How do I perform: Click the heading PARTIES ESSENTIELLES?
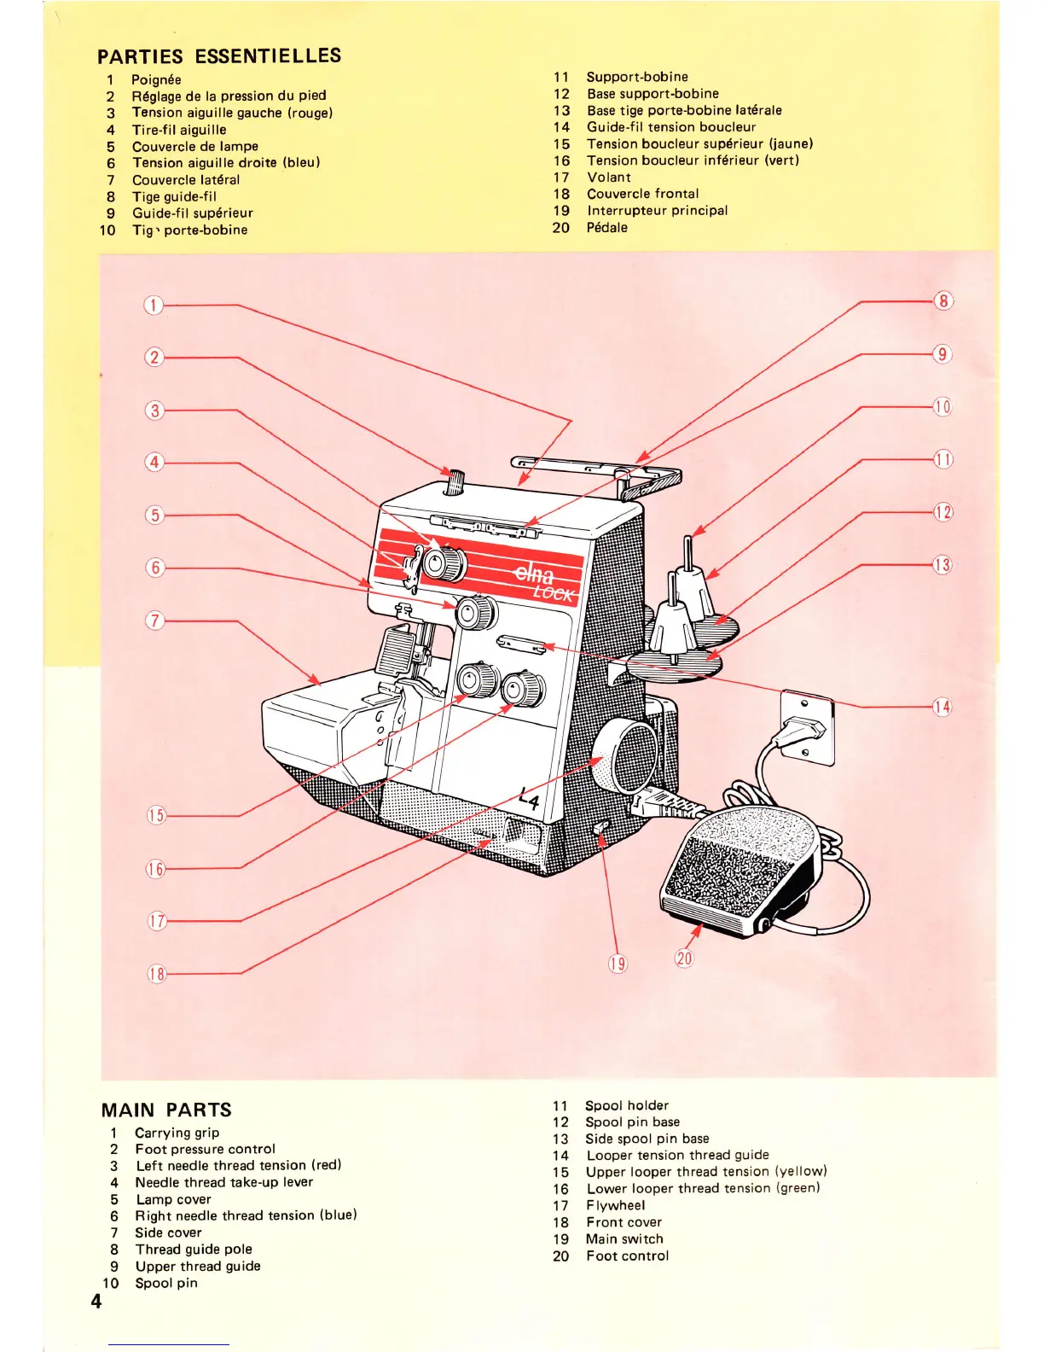click(x=219, y=57)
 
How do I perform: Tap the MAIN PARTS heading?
click(x=166, y=1110)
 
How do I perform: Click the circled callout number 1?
click(x=153, y=306)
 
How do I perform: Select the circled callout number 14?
click(x=942, y=707)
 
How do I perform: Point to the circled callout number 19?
click(x=618, y=964)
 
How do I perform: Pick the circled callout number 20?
click(x=684, y=958)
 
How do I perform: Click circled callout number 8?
click(x=942, y=300)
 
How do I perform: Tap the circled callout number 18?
click(x=156, y=974)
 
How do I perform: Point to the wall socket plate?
click(x=807, y=726)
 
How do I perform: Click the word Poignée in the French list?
click(x=156, y=79)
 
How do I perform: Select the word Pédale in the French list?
click(x=606, y=227)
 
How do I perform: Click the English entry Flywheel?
click(x=615, y=1205)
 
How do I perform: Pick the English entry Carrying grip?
click(x=177, y=1133)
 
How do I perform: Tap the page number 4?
click(x=96, y=1301)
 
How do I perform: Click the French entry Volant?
click(x=609, y=177)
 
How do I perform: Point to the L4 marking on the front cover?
click(x=530, y=799)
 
